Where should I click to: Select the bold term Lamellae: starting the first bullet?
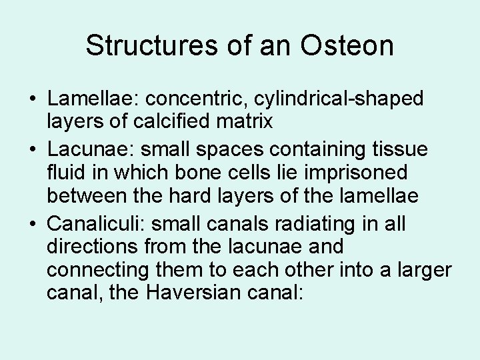tap(91, 99)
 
